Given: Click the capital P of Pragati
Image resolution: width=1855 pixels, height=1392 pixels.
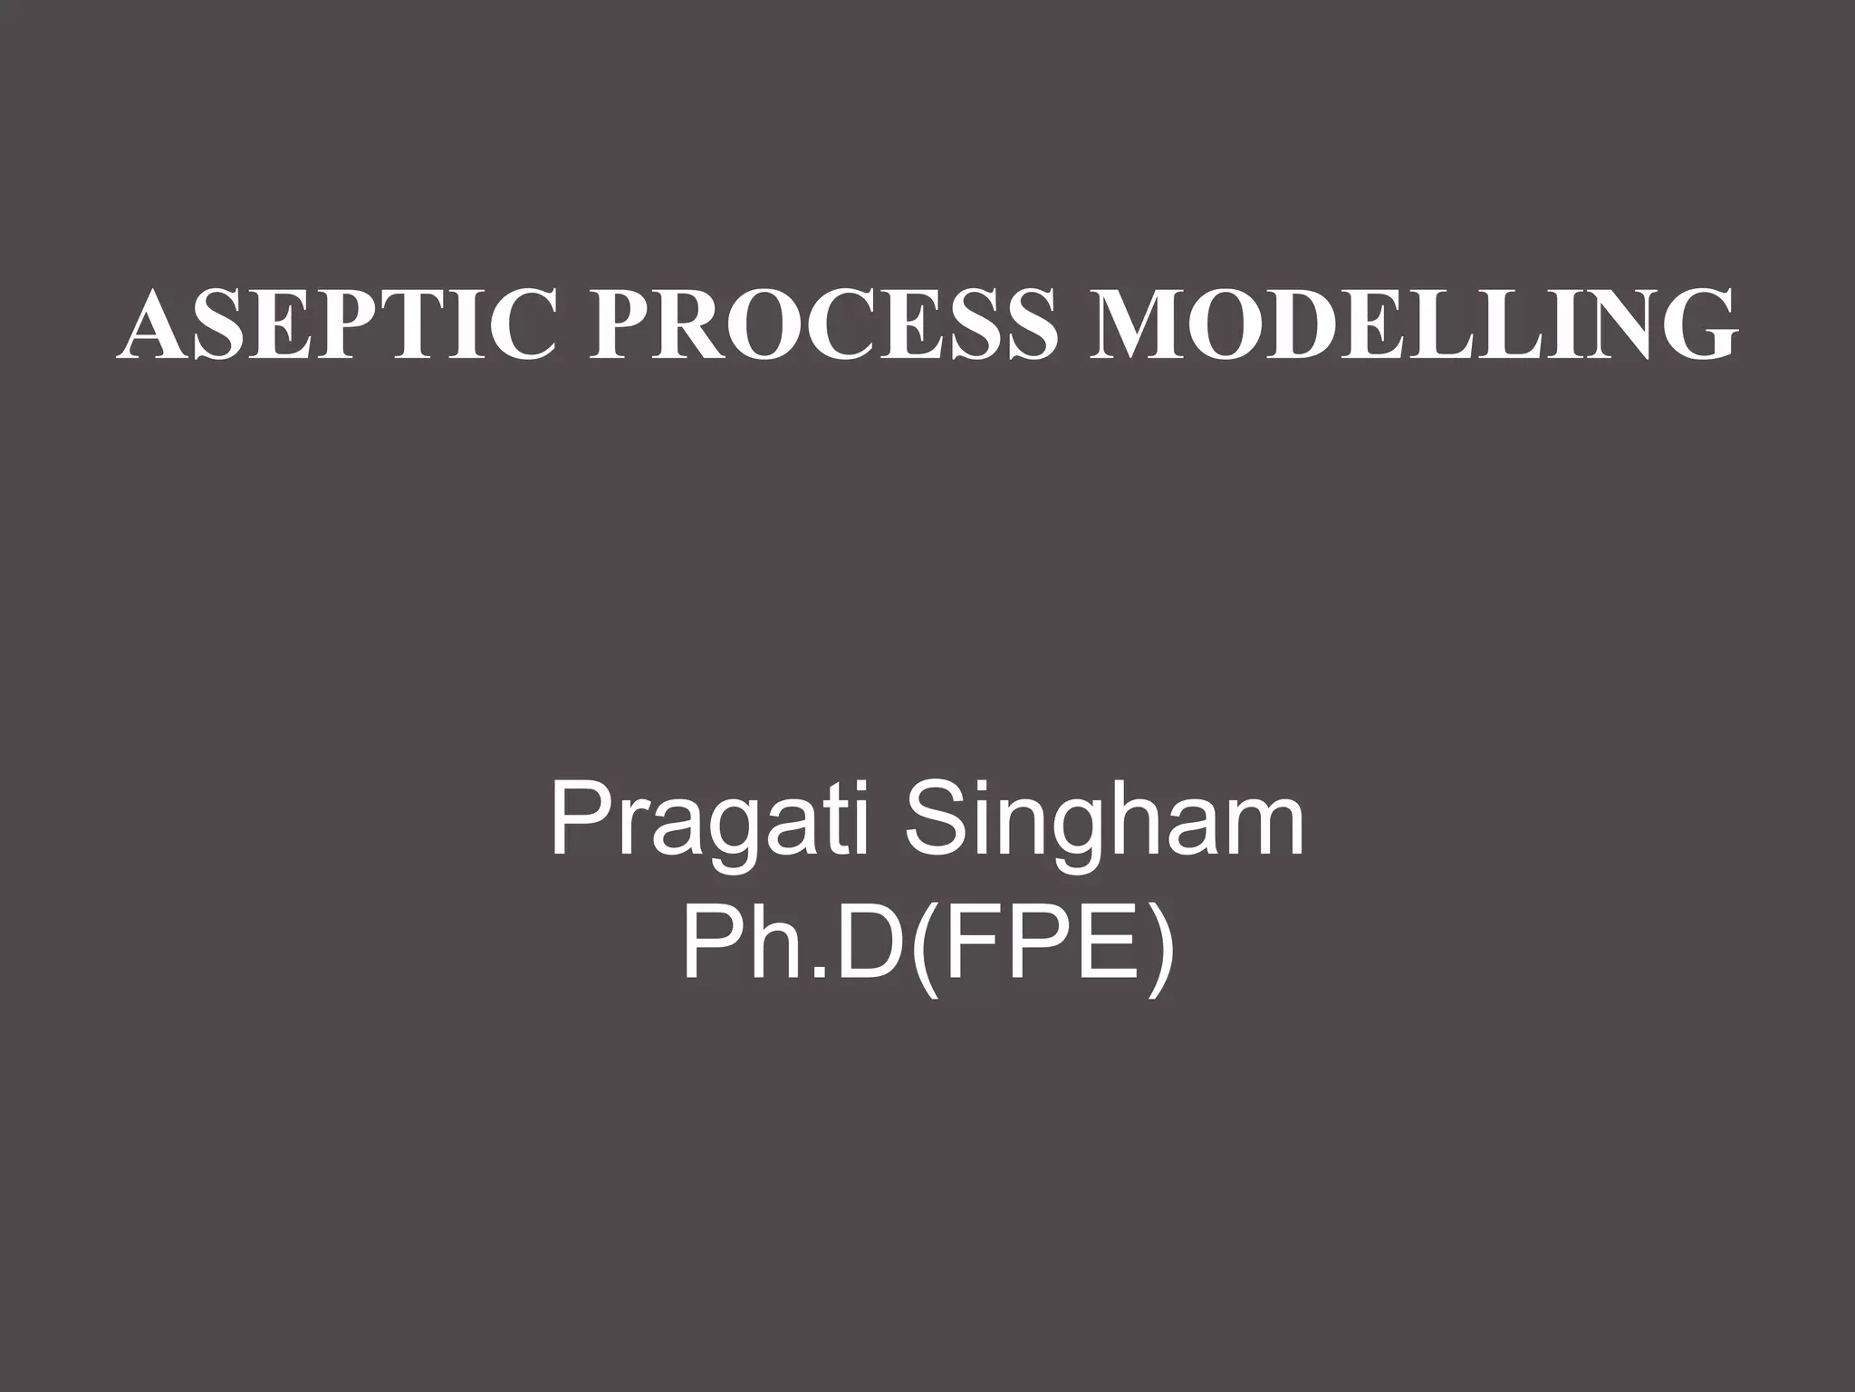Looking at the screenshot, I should click(x=579, y=821).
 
